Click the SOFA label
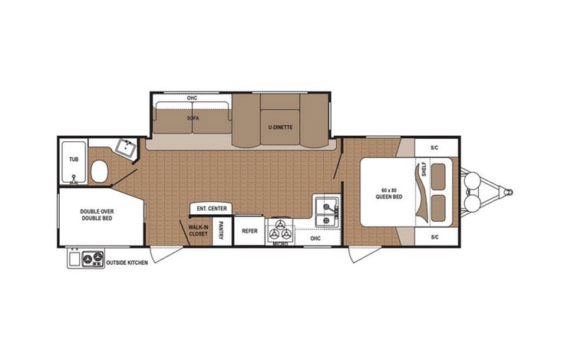pyautogui.click(x=193, y=119)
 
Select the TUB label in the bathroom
pyautogui.click(x=74, y=159)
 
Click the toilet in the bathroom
pyautogui.click(x=99, y=172)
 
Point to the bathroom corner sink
pyautogui.click(x=124, y=147)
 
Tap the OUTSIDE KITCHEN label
pyautogui.click(x=127, y=262)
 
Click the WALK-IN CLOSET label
pyautogui.click(x=199, y=230)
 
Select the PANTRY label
pyautogui.click(x=221, y=230)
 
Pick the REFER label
pyautogui.click(x=249, y=230)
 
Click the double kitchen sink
pyautogui.click(x=325, y=211)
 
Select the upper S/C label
pyautogui.click(x=434, y=147)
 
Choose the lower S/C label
pyautogui.click(x=434, y=236)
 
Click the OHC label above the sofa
pyautogui.click(x=193, y=98)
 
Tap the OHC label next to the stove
pyautogui.click(x=315, y=238)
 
